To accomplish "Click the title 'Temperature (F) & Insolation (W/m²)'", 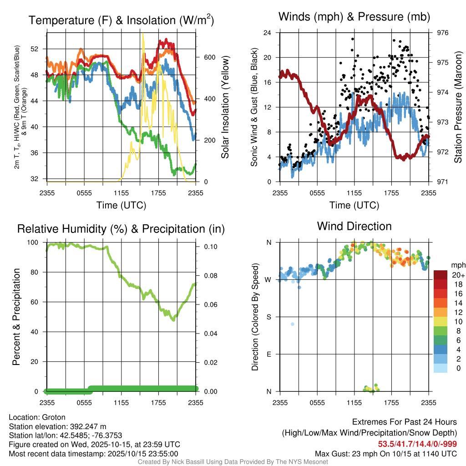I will point(121,20).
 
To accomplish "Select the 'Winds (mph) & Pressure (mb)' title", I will point(354,17).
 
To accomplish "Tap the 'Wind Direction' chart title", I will point(354,226).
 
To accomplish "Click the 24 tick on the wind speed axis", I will point(267,33).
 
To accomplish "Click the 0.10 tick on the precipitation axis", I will point(208,247).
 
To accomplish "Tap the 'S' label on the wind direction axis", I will point(268,317).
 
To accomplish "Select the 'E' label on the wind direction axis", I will point(268,354).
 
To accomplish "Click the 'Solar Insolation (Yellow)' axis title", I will point(225,107).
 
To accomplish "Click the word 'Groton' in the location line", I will point(54,417).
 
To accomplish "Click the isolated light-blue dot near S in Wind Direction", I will point(293,324).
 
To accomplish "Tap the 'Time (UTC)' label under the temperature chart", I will point(121,205).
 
